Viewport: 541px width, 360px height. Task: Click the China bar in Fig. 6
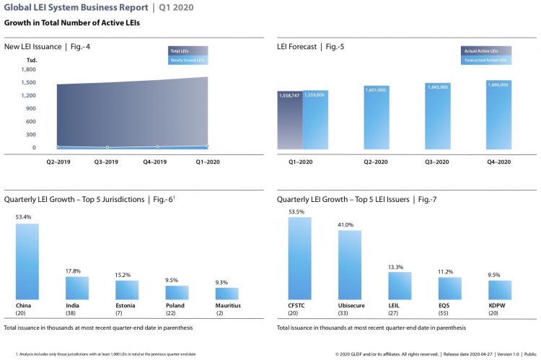click(27, 261)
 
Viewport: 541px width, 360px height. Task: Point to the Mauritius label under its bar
click(228, 305)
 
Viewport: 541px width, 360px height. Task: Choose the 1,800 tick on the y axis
click(29, 69)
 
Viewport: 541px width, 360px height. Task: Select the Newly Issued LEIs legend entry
click(186, 61)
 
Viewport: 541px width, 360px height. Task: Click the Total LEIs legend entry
click(186, 51)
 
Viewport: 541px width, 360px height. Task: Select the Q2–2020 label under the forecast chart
click(377, 162)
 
